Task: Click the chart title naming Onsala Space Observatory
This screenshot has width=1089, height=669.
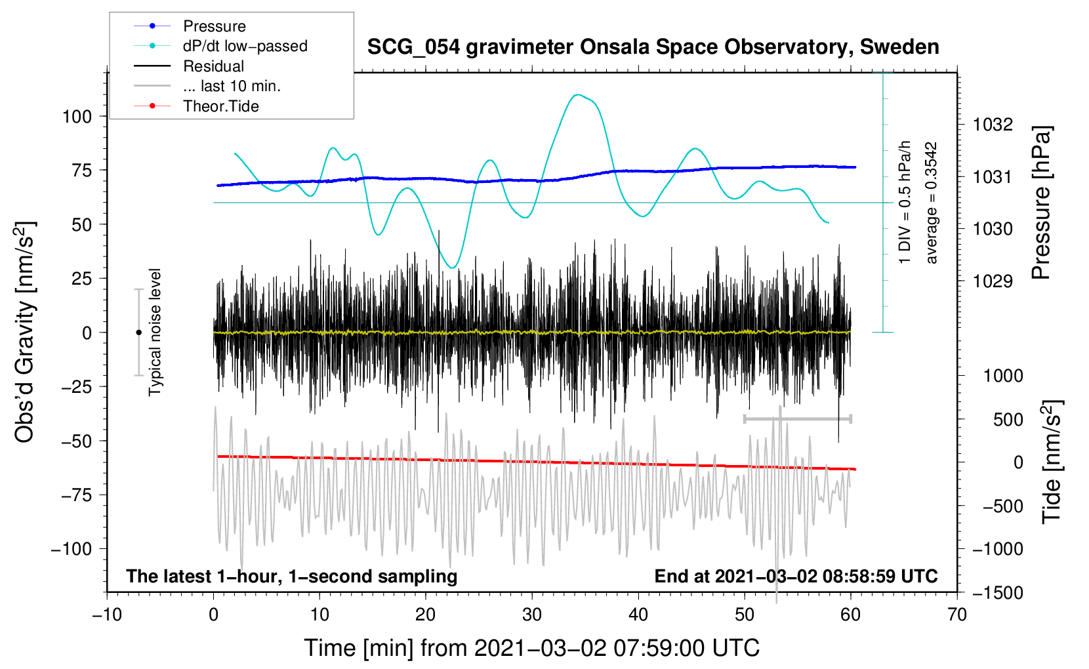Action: pos(653,47)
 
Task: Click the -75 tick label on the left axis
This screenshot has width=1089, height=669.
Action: pos(76,495)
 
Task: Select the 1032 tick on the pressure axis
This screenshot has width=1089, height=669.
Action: pos(993,125)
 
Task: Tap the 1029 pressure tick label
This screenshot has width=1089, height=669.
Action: pos(993,281)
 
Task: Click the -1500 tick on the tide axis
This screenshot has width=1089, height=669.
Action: pos(997,593)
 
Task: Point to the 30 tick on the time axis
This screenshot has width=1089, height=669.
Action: pos(532,615)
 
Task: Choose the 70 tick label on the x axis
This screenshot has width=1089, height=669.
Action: pos(956,615)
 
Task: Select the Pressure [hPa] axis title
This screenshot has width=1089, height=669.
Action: pos(1041,203)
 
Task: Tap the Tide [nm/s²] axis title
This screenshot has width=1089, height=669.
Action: pos(1052,462)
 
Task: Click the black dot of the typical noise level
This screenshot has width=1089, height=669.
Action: pos(138,333)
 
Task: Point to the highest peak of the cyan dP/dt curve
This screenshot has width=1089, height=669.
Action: pos(577,95)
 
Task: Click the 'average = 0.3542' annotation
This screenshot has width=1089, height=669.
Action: pos(930,203)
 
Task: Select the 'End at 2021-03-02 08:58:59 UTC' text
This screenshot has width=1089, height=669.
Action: pos(796,576)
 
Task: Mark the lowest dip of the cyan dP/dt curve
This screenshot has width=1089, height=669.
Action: pos(453,268)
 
